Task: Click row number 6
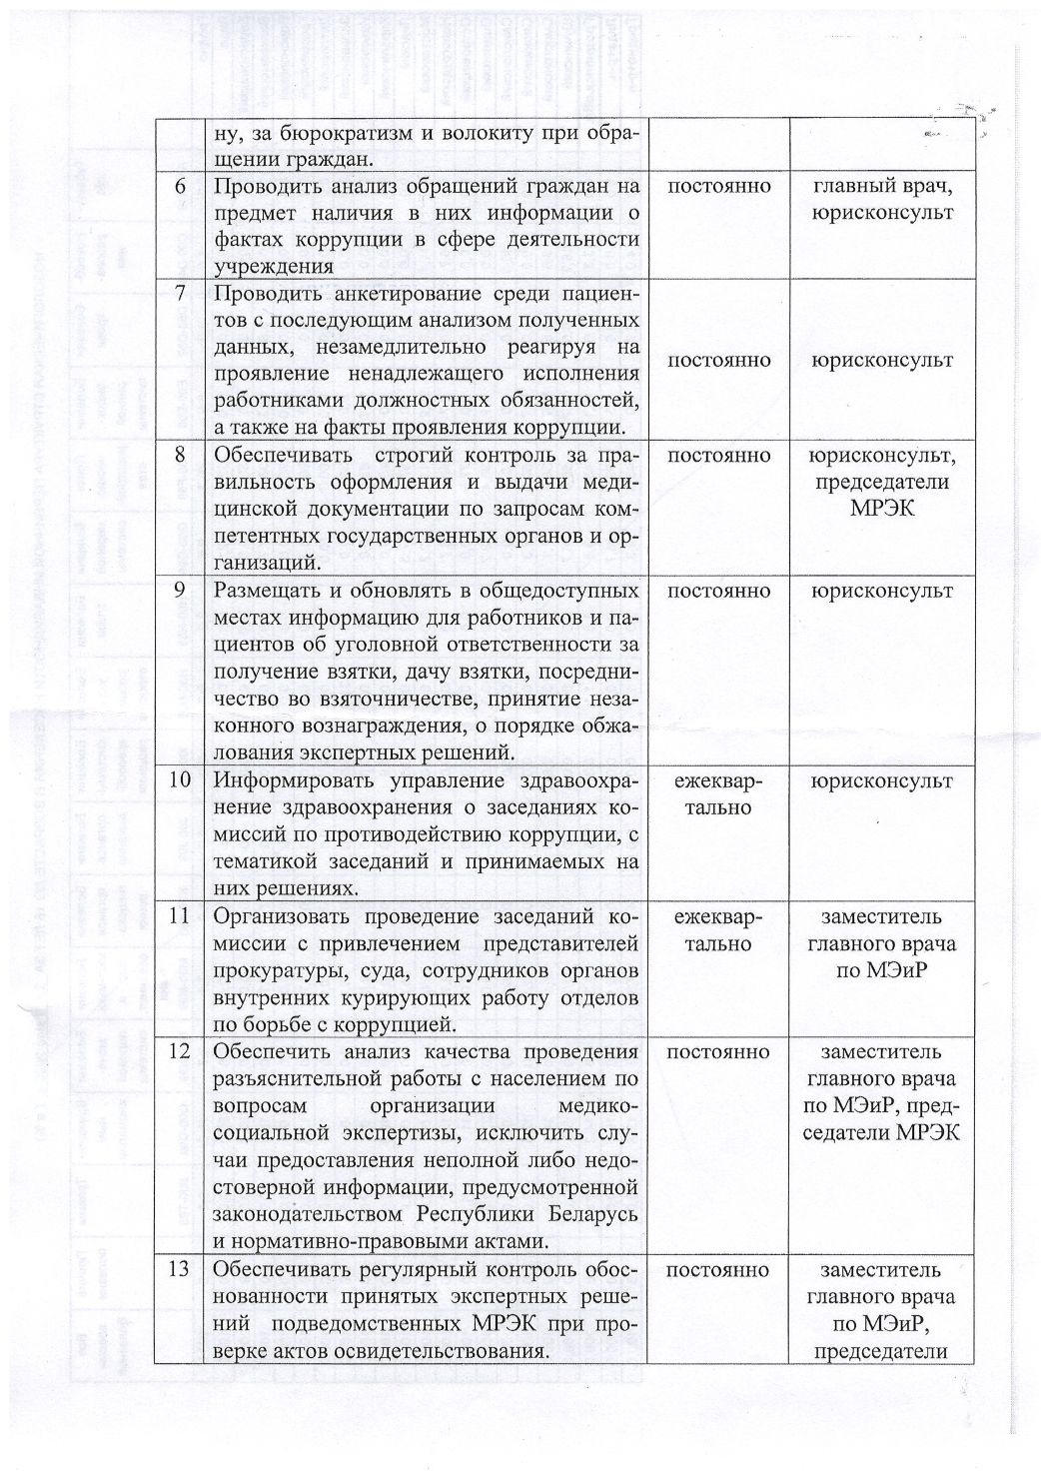point(181,187)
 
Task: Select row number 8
point(181,455)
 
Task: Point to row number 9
point(181,591)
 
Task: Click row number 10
point(180,781)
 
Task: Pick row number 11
point(180,917)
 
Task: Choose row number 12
point(180,1052)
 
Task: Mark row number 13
point(180,1271)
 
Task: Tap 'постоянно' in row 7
point(717,360)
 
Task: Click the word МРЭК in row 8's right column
point(881,509)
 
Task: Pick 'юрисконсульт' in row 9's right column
point(881,591)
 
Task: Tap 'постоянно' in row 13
point(717,1271)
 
